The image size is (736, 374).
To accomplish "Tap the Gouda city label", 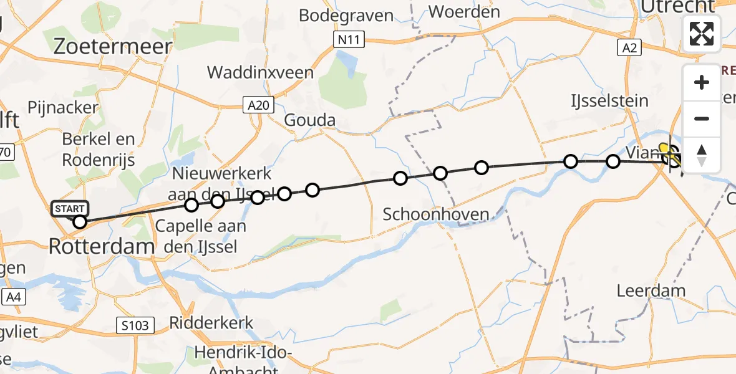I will [309, 120].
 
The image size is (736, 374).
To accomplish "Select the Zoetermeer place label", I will [112, 46].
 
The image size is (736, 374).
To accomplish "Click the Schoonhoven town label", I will [436, 214].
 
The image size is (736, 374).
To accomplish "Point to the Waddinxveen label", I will [260, 72].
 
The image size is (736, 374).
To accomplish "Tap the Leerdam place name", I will [651, 290].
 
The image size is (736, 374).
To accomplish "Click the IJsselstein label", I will [610, 100].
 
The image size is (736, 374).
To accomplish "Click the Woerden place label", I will [465, 12].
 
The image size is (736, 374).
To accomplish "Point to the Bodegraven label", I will [346, 15].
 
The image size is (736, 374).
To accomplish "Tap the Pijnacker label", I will [62, 107].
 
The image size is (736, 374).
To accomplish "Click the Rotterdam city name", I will [102, 246].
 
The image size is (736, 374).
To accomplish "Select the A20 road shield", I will [258, 105].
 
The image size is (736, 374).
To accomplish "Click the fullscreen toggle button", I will [702, 34].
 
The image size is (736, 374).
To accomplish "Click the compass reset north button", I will [702, 155].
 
